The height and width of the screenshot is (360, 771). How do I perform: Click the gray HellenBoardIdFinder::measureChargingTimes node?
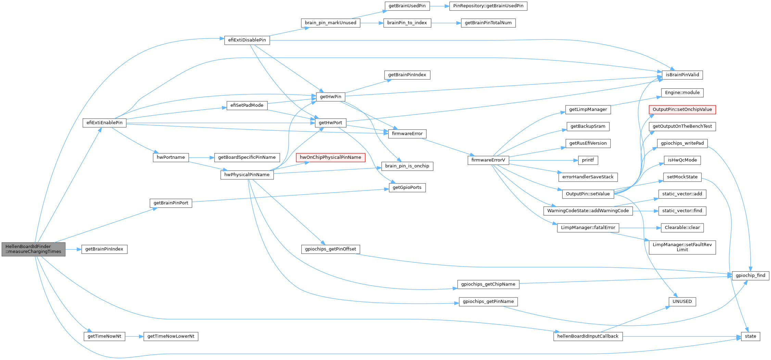point(33,249)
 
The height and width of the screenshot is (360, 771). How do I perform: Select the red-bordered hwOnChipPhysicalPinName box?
point(330,157)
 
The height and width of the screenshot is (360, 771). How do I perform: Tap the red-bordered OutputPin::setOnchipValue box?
point(682,110)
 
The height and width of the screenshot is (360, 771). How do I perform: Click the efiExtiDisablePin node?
point(247,40)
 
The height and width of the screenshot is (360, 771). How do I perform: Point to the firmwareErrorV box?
point(488,160)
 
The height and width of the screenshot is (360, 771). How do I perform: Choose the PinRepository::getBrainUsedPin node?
point(488,6)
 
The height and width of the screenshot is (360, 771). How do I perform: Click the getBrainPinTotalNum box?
point(488,23)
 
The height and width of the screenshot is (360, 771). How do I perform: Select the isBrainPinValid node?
point(682,75)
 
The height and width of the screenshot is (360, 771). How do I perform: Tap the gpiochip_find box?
point(750,275)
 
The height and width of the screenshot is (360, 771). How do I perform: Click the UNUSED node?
point(682,301)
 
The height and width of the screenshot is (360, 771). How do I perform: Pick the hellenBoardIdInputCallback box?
point(587,336)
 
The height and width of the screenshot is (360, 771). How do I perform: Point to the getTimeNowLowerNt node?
point(170,336)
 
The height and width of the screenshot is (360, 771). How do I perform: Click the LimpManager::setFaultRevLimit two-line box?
point(682,247)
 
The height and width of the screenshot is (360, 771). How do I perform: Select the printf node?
point(588,160)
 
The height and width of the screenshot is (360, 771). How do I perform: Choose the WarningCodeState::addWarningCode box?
point(587,211)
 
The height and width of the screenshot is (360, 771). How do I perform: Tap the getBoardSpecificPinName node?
point(247,157)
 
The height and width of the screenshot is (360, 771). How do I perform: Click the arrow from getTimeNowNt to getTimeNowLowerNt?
point(134,336)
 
